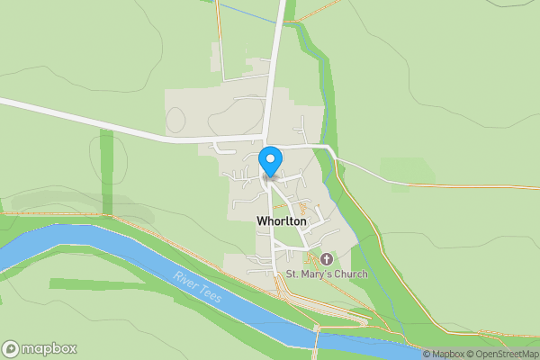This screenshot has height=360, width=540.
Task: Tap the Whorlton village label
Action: [x=281, y=221]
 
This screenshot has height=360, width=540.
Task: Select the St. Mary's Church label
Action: [x=327, y=273]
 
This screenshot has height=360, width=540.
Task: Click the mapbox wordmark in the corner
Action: [x=49, y=348]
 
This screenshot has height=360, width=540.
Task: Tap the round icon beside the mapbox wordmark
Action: [x=11, y=348]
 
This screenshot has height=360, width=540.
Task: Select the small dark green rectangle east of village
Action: [x=395, y=169]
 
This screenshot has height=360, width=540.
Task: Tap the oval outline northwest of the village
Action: [x=175, y=118]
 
